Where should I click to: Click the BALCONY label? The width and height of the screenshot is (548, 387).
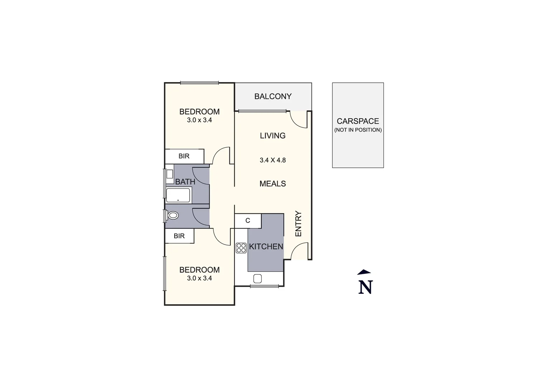(273, 96)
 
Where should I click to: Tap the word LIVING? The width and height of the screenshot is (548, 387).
(273, 135)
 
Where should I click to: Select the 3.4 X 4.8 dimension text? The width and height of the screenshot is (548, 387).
(273, 160)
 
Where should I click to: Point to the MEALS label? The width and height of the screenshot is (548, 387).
(273, 184)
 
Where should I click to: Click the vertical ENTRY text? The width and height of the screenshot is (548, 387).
(298, 224)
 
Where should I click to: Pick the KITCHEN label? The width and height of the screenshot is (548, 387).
(266, 247)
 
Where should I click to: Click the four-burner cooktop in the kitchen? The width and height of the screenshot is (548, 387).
(241, 248)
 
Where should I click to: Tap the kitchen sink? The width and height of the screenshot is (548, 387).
(258, 278)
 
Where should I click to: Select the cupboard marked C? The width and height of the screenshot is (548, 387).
(248, 221)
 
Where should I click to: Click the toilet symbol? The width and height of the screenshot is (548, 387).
(173, 215)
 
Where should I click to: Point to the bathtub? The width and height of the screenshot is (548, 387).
(178, 195)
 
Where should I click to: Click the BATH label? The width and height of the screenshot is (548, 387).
(185, 182)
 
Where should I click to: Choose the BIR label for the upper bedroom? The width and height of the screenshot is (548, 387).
(184, 156)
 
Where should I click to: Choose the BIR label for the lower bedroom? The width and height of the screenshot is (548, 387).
(179, 236)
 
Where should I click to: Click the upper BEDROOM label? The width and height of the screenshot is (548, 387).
(199, 112)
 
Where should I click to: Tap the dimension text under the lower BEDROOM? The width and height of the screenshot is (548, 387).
(199, 278)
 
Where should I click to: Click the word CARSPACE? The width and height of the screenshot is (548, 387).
(358, 121)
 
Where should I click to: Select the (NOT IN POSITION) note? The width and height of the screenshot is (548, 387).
(358, 130)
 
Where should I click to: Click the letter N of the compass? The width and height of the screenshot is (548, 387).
(365, 287)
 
